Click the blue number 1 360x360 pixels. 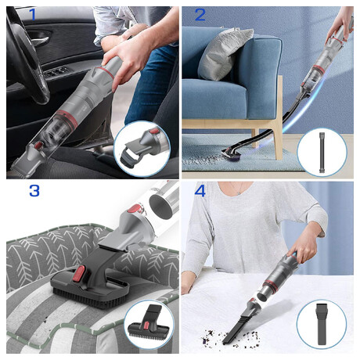(32, 14)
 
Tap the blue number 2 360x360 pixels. (200, 15)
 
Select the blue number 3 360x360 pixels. (34, 191)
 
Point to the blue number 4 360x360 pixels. (200, 191)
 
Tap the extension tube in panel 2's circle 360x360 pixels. (322, 152)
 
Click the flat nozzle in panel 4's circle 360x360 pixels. (322, 324)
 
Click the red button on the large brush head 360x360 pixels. (79, 274)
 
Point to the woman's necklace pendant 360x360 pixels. (239, 193)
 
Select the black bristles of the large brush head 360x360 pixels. (90, 301)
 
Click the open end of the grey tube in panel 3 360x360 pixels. (161, 204)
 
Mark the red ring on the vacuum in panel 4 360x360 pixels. (271, 286)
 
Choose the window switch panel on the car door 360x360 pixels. (56, 72)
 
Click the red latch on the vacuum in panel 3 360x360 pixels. (135, 209)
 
